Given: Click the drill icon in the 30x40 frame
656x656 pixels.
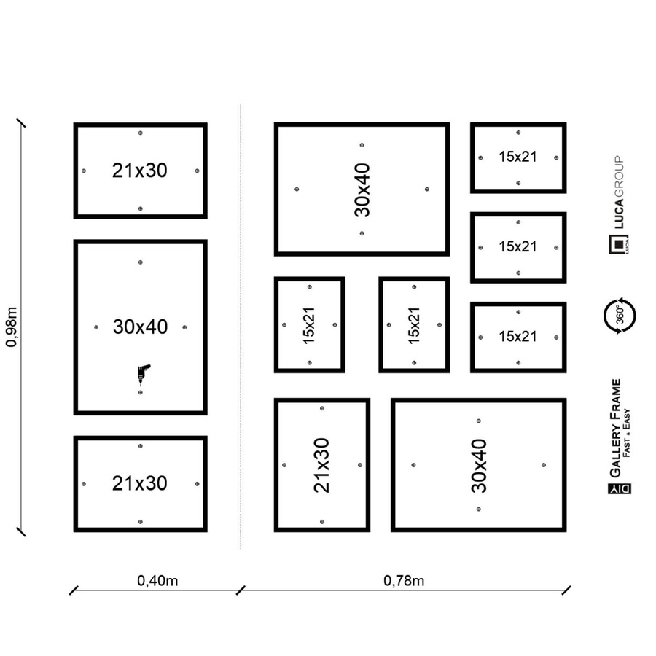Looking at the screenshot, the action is click(x=143, y=374).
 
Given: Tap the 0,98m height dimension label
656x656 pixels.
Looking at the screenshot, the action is click(x=12, y=327).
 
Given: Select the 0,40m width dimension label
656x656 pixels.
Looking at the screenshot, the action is click(x=157, y=581).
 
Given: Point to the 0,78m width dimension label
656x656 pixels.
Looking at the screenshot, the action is click(x=404, y=581).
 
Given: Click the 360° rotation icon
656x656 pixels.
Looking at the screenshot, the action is click(x=620, y=316).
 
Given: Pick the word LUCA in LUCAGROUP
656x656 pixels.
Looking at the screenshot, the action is click(x=619, y=214).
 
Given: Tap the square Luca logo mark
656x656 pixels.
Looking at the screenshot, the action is click(x=619, y=244).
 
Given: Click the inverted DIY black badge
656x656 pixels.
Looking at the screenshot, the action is click(x=620, y=488).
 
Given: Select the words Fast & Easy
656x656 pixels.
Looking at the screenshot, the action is click(x=626, y=432).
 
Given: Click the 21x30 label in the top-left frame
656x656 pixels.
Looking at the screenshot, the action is click(x=140, y=171).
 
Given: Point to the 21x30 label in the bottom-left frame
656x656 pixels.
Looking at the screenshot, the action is click(x=140, y=483).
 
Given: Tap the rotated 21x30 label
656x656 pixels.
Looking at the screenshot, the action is click(x=321, y=465).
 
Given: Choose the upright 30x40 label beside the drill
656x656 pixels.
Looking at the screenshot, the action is click(x=140, y=327).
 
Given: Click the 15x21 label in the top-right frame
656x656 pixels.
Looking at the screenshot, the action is click(x=518, y=157).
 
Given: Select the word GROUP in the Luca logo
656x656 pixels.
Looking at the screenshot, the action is click(x=619, y=176).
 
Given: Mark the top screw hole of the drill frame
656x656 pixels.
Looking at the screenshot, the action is click(x=141, y=262).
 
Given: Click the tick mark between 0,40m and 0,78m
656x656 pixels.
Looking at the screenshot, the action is click(x=241, y=590).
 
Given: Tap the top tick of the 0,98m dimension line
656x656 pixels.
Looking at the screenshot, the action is click(x=21, y=122).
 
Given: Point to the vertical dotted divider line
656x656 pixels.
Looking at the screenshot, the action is click(x=241, y=327).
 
